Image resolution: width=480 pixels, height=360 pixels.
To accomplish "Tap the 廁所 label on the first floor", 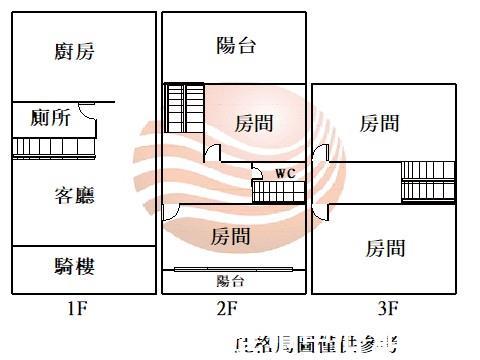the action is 51,119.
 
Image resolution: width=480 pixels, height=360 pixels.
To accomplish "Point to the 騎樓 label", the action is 75,266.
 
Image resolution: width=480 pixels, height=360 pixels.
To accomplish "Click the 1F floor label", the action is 76,308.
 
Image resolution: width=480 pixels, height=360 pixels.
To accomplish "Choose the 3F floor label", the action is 388,308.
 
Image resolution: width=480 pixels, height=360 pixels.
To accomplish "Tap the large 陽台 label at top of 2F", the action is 236,44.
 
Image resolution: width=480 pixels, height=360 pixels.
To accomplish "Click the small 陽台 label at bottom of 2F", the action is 231,281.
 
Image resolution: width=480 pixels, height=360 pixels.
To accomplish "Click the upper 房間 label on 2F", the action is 254,124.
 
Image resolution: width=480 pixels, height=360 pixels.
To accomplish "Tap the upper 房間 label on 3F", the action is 380,124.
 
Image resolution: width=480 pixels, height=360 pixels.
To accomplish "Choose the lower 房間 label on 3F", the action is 385,247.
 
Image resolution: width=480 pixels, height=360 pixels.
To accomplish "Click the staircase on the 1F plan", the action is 52,147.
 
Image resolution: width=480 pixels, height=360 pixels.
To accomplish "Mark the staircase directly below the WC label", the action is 278,190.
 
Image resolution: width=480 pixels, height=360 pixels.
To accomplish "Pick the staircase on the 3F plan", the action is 428,181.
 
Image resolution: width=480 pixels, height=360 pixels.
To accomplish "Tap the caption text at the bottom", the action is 314,346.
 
